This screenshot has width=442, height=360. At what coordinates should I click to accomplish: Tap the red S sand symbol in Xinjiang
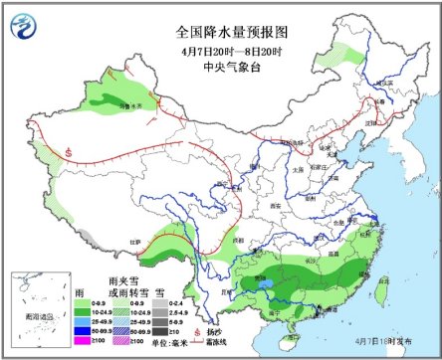click(x=68, y=152)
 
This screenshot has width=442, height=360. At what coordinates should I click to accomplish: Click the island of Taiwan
click(x=380, y=289)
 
